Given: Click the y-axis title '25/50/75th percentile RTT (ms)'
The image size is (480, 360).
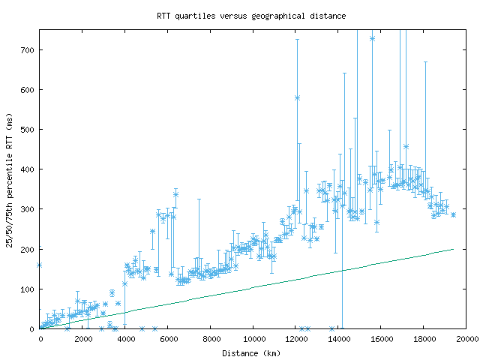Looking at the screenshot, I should (x=10, y=180).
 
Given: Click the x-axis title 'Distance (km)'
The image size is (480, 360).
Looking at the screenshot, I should (x=253, y=352).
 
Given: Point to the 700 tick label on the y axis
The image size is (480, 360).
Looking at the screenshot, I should (x=28, y=49).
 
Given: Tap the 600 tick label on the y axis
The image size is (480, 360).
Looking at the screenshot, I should (x=28, y=89).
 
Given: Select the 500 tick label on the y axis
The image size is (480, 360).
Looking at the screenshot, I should (x=28, y=129).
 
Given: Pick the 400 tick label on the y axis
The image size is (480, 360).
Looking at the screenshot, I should (x=28, y=169).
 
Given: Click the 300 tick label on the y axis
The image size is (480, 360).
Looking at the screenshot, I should (x=28, y=208).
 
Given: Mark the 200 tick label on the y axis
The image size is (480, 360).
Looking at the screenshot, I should (x=28, y=248).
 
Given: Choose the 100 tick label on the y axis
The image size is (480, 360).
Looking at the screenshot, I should (x=28, y=289).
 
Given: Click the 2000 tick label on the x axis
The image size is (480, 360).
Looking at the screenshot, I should (x=82, y=337).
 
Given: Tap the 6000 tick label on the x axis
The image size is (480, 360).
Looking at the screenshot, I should (x=168, y=337).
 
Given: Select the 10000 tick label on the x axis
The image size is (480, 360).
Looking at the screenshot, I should (x=253, y=337).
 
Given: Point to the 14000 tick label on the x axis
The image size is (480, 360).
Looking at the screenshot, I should (x=338, y=337).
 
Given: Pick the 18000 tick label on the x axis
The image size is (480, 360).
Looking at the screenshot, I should (x=424, y=337).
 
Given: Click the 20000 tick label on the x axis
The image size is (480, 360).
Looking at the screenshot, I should (x=466, y=337).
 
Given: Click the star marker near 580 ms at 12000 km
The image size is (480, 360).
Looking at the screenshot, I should (x=297, y=97).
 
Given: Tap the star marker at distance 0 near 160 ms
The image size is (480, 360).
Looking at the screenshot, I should (x=40, y=265).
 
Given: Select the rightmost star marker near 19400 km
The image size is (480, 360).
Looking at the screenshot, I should (x=453, y=214).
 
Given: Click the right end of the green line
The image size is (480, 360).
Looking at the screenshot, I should (x=453, y=249).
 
